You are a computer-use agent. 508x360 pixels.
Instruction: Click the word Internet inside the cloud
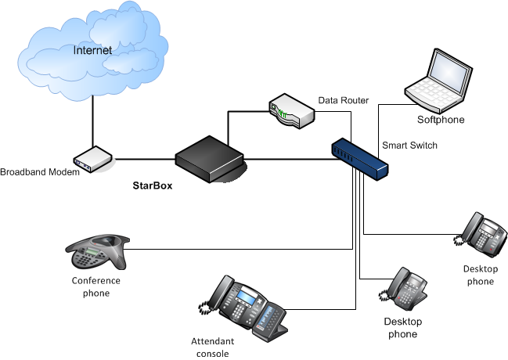click(x=92, y=51)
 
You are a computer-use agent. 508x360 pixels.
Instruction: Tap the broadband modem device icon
click(x=93, y=159)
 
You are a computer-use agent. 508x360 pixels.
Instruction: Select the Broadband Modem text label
click(x=40, y=172)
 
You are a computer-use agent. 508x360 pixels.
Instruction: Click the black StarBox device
click(x=210, y=157)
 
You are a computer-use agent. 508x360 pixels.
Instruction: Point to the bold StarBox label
click(x=152, y=186)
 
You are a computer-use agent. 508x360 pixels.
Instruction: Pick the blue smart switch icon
click(x=359, y=157)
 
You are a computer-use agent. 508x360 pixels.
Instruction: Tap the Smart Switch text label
click(x=409, y=146)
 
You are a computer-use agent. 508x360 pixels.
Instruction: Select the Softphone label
click(x=441, y=120)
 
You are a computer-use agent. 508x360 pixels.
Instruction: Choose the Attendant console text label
click(x=210, y=347)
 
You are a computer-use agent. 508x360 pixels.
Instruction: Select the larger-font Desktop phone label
click(x=402, y=328)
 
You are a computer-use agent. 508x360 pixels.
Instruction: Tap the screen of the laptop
click(x=449, y=73)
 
